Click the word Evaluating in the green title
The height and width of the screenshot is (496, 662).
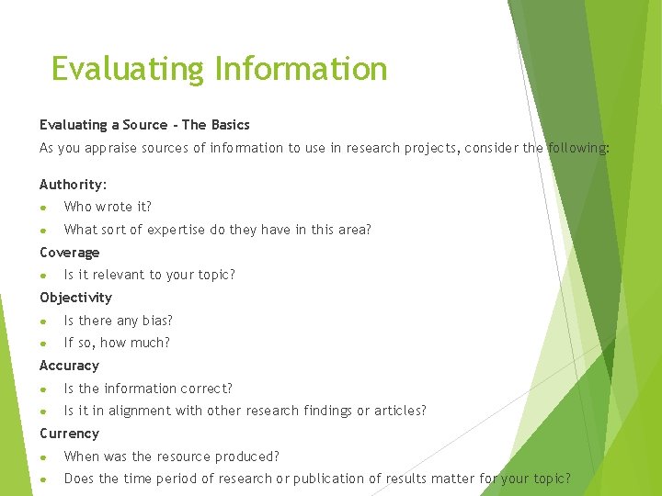click(128, 69)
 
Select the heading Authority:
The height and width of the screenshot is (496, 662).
click(74, 185)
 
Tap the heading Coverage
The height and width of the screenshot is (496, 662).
click(69, 253)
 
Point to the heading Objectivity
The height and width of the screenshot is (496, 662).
click(75, 298)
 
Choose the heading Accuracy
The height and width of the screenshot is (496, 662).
click(69, 366)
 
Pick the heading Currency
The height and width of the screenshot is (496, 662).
click(69, 434)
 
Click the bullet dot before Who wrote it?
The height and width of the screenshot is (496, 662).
click(43, 208)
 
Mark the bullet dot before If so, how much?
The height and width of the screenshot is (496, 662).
click(43, 344)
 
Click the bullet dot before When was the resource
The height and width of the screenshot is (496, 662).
click(43, 457)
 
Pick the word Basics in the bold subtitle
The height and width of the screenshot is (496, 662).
click(230, 125)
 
